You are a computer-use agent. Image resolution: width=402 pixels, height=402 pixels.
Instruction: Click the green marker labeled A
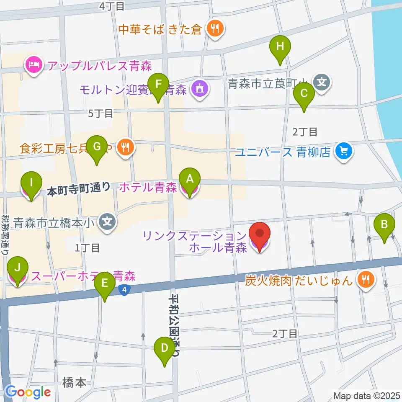coord(190,180)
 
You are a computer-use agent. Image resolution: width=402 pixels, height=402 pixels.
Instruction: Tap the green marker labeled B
coord(384,224)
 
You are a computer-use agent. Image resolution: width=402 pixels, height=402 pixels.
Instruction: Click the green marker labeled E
coord(104,283)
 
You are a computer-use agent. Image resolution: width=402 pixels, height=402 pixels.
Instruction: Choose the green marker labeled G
coord(97,147)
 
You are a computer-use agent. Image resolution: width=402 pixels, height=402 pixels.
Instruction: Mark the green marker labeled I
coord(31,183)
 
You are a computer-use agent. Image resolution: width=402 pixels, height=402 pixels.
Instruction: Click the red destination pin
coord(260,234)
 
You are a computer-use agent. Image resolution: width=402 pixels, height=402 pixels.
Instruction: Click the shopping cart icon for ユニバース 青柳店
coord(345,151)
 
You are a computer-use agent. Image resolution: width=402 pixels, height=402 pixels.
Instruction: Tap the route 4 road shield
coord(124,289)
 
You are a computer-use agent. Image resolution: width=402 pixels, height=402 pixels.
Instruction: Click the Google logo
coord(28,392)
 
